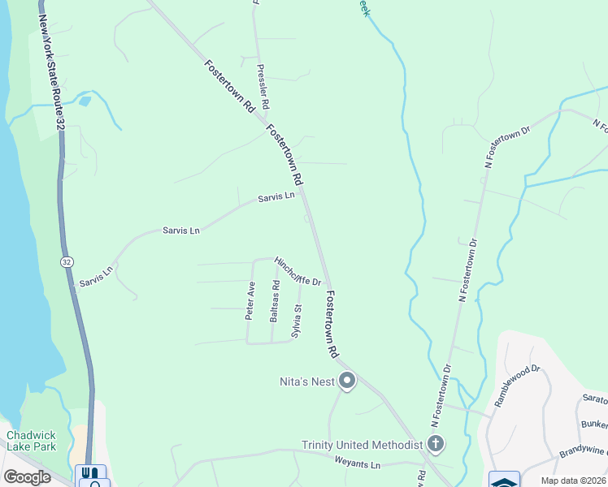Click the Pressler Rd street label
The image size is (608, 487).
(x=263, y=88)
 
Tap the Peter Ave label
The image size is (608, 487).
(x=250, y=300)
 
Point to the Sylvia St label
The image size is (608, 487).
(x=297, y=321)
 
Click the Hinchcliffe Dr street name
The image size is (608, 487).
(x=297, y=271)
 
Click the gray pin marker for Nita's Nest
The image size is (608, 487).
(x=347, y=380)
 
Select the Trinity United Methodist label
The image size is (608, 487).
(x=363, y=445)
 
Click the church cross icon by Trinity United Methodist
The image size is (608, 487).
(x=436, y=444)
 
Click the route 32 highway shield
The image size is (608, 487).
(x=65, y=262)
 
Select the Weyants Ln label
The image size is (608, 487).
(x=358, y=464)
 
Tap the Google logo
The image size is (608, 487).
(x=28, y=477)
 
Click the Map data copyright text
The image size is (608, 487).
(x=572, y=481)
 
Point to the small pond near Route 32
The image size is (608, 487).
(x=84, y=101)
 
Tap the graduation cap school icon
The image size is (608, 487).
(x=504, y=480)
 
